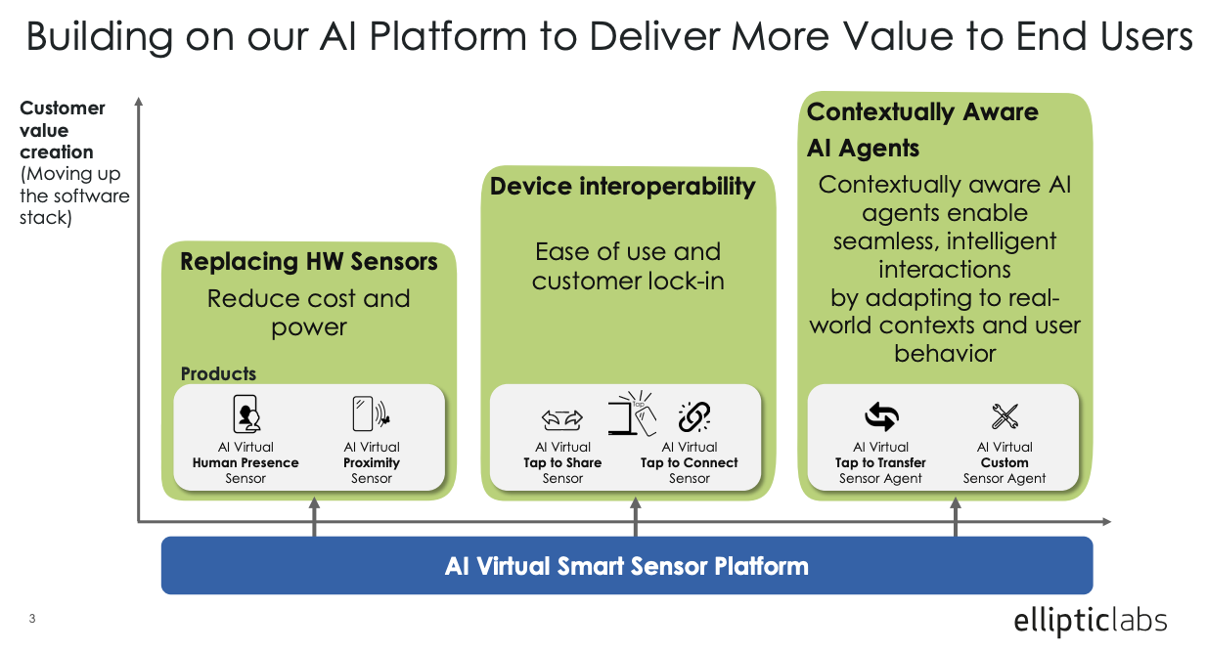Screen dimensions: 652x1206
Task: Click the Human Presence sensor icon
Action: tap(246, 414)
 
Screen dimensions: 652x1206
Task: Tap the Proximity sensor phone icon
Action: tap(371, 414)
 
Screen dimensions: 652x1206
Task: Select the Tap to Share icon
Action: tap(562, 419)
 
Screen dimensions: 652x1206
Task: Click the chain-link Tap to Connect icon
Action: tap(693, 417)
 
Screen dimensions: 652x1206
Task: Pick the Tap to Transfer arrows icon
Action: tap(881, 417)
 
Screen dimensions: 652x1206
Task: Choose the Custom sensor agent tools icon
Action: tap(1005, 417)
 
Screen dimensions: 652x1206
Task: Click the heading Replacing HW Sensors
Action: tap(309, 262)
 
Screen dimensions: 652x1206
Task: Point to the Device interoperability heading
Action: tap(623, 187)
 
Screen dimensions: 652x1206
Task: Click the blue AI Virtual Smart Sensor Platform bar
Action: tap(626, 566)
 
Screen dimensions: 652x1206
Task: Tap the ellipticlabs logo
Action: tap(1090, 620)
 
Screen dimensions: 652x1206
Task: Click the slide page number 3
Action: tap(32, 619)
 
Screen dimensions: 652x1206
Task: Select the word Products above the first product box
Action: tap(218, 373)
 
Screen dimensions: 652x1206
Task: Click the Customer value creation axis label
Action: tap(63, 130)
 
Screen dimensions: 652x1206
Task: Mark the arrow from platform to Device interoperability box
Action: tap(636, 516)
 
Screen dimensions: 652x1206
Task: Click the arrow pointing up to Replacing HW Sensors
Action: tap(315, 516)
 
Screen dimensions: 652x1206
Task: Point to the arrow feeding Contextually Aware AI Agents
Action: tap(956, 516)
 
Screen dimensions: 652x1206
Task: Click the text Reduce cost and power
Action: tap(309, 313)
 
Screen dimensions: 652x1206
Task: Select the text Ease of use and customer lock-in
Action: tap(627, 266)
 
